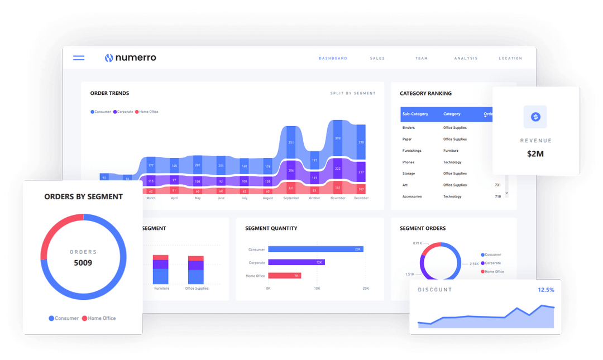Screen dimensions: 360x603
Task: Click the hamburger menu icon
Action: pos(79,57)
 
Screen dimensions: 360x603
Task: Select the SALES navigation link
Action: pos(377,58)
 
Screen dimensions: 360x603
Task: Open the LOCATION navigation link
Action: pos(510,58)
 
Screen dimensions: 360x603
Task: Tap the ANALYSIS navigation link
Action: pos(466,58)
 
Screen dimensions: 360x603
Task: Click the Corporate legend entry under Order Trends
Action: pos(123,112)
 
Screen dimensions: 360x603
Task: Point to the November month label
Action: pos(338,198)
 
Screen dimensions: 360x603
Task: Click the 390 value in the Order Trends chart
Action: pos(338,138)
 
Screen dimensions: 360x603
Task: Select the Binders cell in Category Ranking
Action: pos(409,128)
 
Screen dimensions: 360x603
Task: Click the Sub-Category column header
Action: pos(415,114)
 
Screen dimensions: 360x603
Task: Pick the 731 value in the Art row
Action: pos(497,185)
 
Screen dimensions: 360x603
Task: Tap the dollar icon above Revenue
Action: pos(535,117)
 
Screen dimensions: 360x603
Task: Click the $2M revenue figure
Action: pos(535,153)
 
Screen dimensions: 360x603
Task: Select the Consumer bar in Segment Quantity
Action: pos(315,249)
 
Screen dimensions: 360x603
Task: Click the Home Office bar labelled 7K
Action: pos(284,276)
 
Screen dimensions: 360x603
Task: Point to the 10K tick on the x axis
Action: pos(317,289)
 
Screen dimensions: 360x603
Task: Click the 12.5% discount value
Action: pos(545,290)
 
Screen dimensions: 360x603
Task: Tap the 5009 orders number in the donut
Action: pos(83,262)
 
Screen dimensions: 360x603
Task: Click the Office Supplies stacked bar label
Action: pos(197,289)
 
